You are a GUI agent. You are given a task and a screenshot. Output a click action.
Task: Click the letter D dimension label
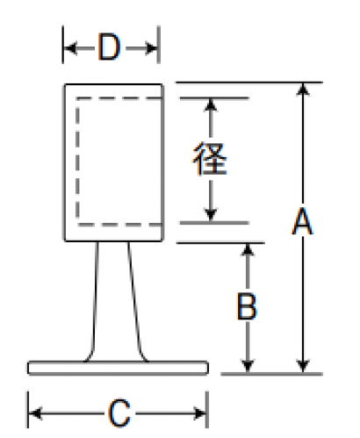[x=109, y=47]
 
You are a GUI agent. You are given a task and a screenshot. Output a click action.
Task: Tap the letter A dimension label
[x=303, y=221]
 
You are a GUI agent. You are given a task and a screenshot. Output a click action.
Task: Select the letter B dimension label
[x=247, y=306]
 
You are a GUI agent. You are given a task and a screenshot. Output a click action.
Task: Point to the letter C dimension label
[x=119, y=413]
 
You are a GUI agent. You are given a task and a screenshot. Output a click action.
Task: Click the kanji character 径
[x=210, y=159]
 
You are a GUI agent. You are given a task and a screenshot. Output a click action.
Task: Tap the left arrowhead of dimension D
[x=70, y=48]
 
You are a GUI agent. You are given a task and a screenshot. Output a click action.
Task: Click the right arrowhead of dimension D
[x=152, y=48]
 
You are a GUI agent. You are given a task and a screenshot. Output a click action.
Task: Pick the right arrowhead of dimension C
[x=200, y=413]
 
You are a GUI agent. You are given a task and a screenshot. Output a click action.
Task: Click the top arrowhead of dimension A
[x=303, y=90]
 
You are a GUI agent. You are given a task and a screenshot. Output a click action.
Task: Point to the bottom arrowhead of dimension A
[x=303, y=366]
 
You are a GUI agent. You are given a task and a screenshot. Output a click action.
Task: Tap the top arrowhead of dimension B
[x=248, y=249]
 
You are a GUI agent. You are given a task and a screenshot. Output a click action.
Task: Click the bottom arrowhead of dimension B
[x=248, y=367]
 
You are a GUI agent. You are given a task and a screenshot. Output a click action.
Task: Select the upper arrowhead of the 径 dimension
[x=211, y=104]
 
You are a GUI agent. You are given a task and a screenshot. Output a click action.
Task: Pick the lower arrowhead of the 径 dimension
[x=211, y=215]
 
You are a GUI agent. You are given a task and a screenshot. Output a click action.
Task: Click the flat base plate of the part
[x=119, y=368]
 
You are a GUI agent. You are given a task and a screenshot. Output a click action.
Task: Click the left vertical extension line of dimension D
[x=63, y=45]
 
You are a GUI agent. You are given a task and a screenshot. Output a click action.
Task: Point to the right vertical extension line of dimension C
[x=207, y=410]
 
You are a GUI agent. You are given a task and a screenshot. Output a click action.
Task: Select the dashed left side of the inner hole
[x=77, y=162]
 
